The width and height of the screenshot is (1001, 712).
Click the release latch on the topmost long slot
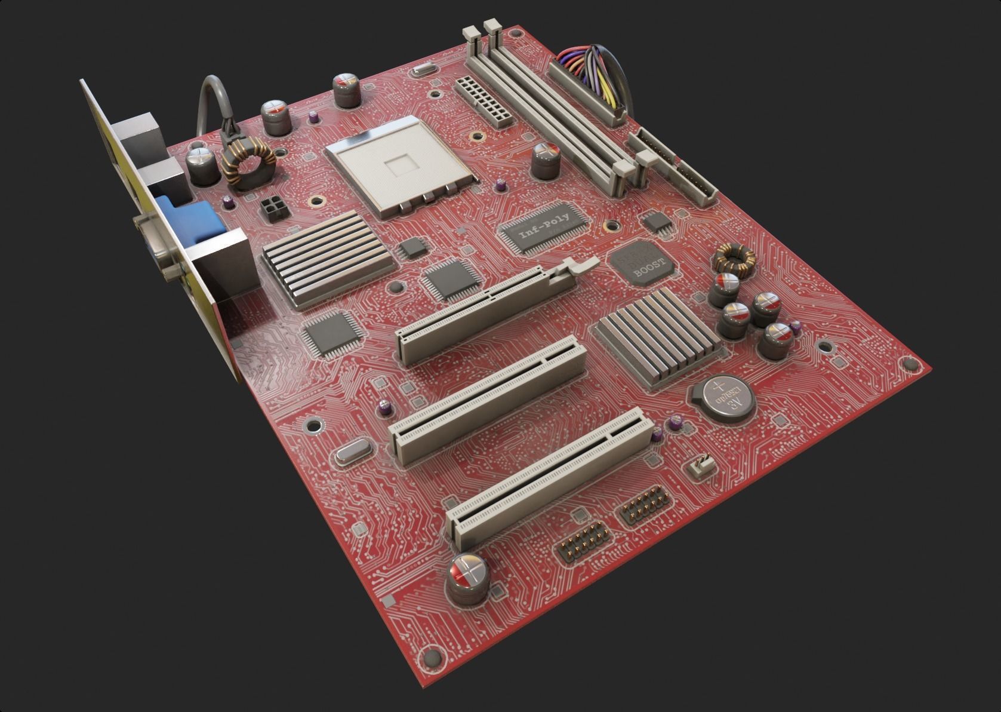click(x=577, y=266)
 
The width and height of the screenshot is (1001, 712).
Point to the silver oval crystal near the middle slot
click(x=352, y=453)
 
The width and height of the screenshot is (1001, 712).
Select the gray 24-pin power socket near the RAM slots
click(x=483, y=100)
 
